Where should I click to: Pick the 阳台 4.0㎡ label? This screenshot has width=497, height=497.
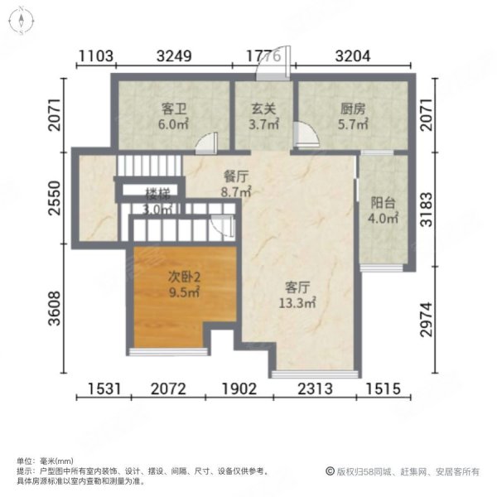pyautogui.click(x=384, y=211)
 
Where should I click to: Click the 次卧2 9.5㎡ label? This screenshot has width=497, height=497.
pyautogui.click(x=184, y=284)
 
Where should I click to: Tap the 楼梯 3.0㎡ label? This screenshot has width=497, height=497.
pyautogui.click(x=157, y=201)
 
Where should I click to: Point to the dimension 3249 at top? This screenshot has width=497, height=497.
pyautogui.click(x=174, y=56)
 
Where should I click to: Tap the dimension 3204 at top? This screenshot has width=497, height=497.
pyautogui.click(x=354, y=56)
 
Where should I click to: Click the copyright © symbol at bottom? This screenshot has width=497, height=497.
pyautogui.click(x=329, y=471)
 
